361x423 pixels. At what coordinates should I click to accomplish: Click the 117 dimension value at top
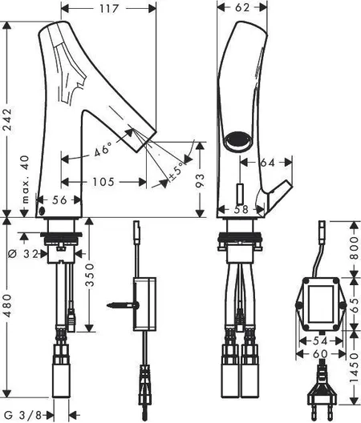tap(109, 9)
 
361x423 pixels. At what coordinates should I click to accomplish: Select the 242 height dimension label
tap(7, 119)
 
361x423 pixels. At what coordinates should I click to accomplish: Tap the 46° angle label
tap(103, 149)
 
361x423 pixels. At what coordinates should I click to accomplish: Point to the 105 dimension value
tap(103, 182)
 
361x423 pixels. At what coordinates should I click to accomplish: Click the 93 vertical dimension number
tap(200, 181)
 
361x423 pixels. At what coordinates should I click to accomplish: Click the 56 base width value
tap(59, 200)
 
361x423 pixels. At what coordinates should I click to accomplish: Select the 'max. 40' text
tap(26, 179)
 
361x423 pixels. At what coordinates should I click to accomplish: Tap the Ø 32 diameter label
tap(23, 254)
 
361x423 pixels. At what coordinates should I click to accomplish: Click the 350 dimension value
tap(90, 275)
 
